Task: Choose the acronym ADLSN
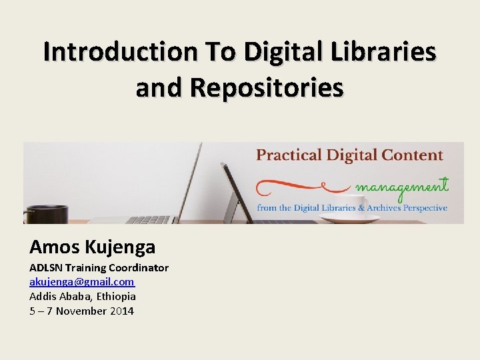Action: click(47, 268)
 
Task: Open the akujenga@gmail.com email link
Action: click(81, 282)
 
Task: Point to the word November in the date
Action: click(81, 311)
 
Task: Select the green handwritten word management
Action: click(402, 186)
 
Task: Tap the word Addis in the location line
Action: click(43, 297)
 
